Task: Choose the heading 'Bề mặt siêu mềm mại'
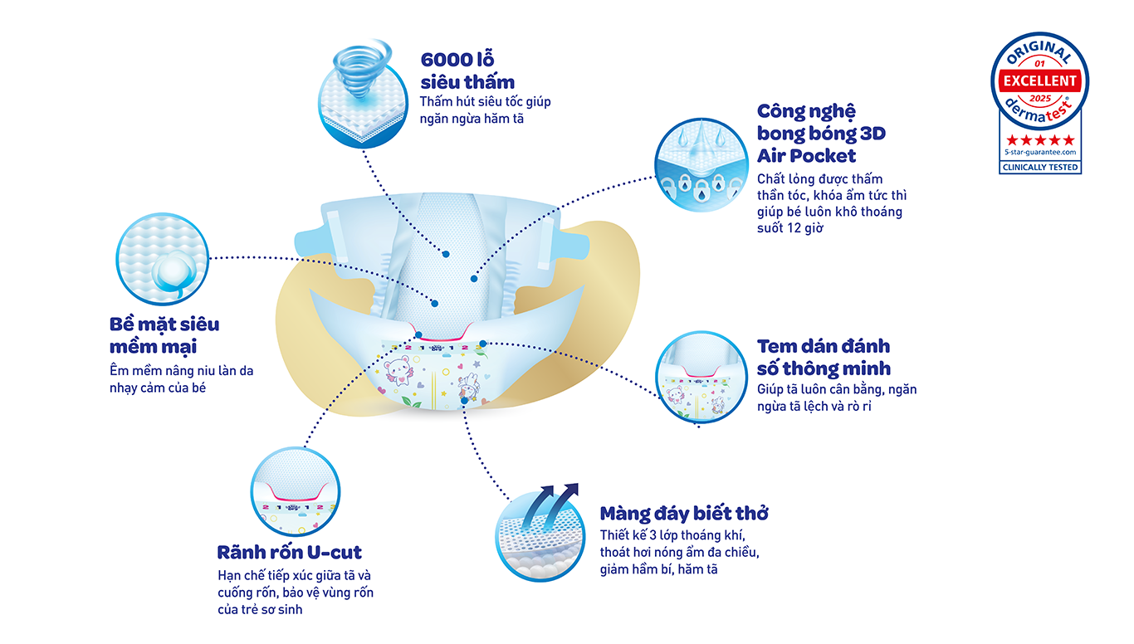(164, 334)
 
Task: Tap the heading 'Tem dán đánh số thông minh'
(824, 357)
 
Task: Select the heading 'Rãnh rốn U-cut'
(289, 552)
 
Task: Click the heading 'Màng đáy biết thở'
(683, 514)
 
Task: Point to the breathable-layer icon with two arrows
(540, 531)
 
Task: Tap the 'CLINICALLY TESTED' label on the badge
(1040, 167)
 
